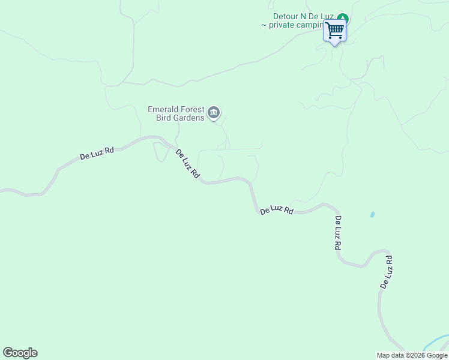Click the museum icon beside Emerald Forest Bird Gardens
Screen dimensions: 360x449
tap(214, 113)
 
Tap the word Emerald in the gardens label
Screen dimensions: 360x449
tap(163, 109)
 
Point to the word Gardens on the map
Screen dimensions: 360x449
tap(189, 118)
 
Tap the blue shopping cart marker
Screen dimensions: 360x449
tap(334, 29)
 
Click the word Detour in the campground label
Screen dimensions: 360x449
tap(285, 16)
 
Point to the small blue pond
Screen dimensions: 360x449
tap(373, 214)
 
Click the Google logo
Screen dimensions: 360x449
tap(20, 353)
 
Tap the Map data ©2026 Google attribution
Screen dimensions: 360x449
tap(412, 355)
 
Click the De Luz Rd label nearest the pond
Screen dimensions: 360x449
tap(338, 233)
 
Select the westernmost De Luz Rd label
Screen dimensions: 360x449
tap(97, 153)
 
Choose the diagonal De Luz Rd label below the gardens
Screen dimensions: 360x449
tap(187, 163)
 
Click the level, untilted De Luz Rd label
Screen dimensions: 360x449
tap(277, 210)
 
